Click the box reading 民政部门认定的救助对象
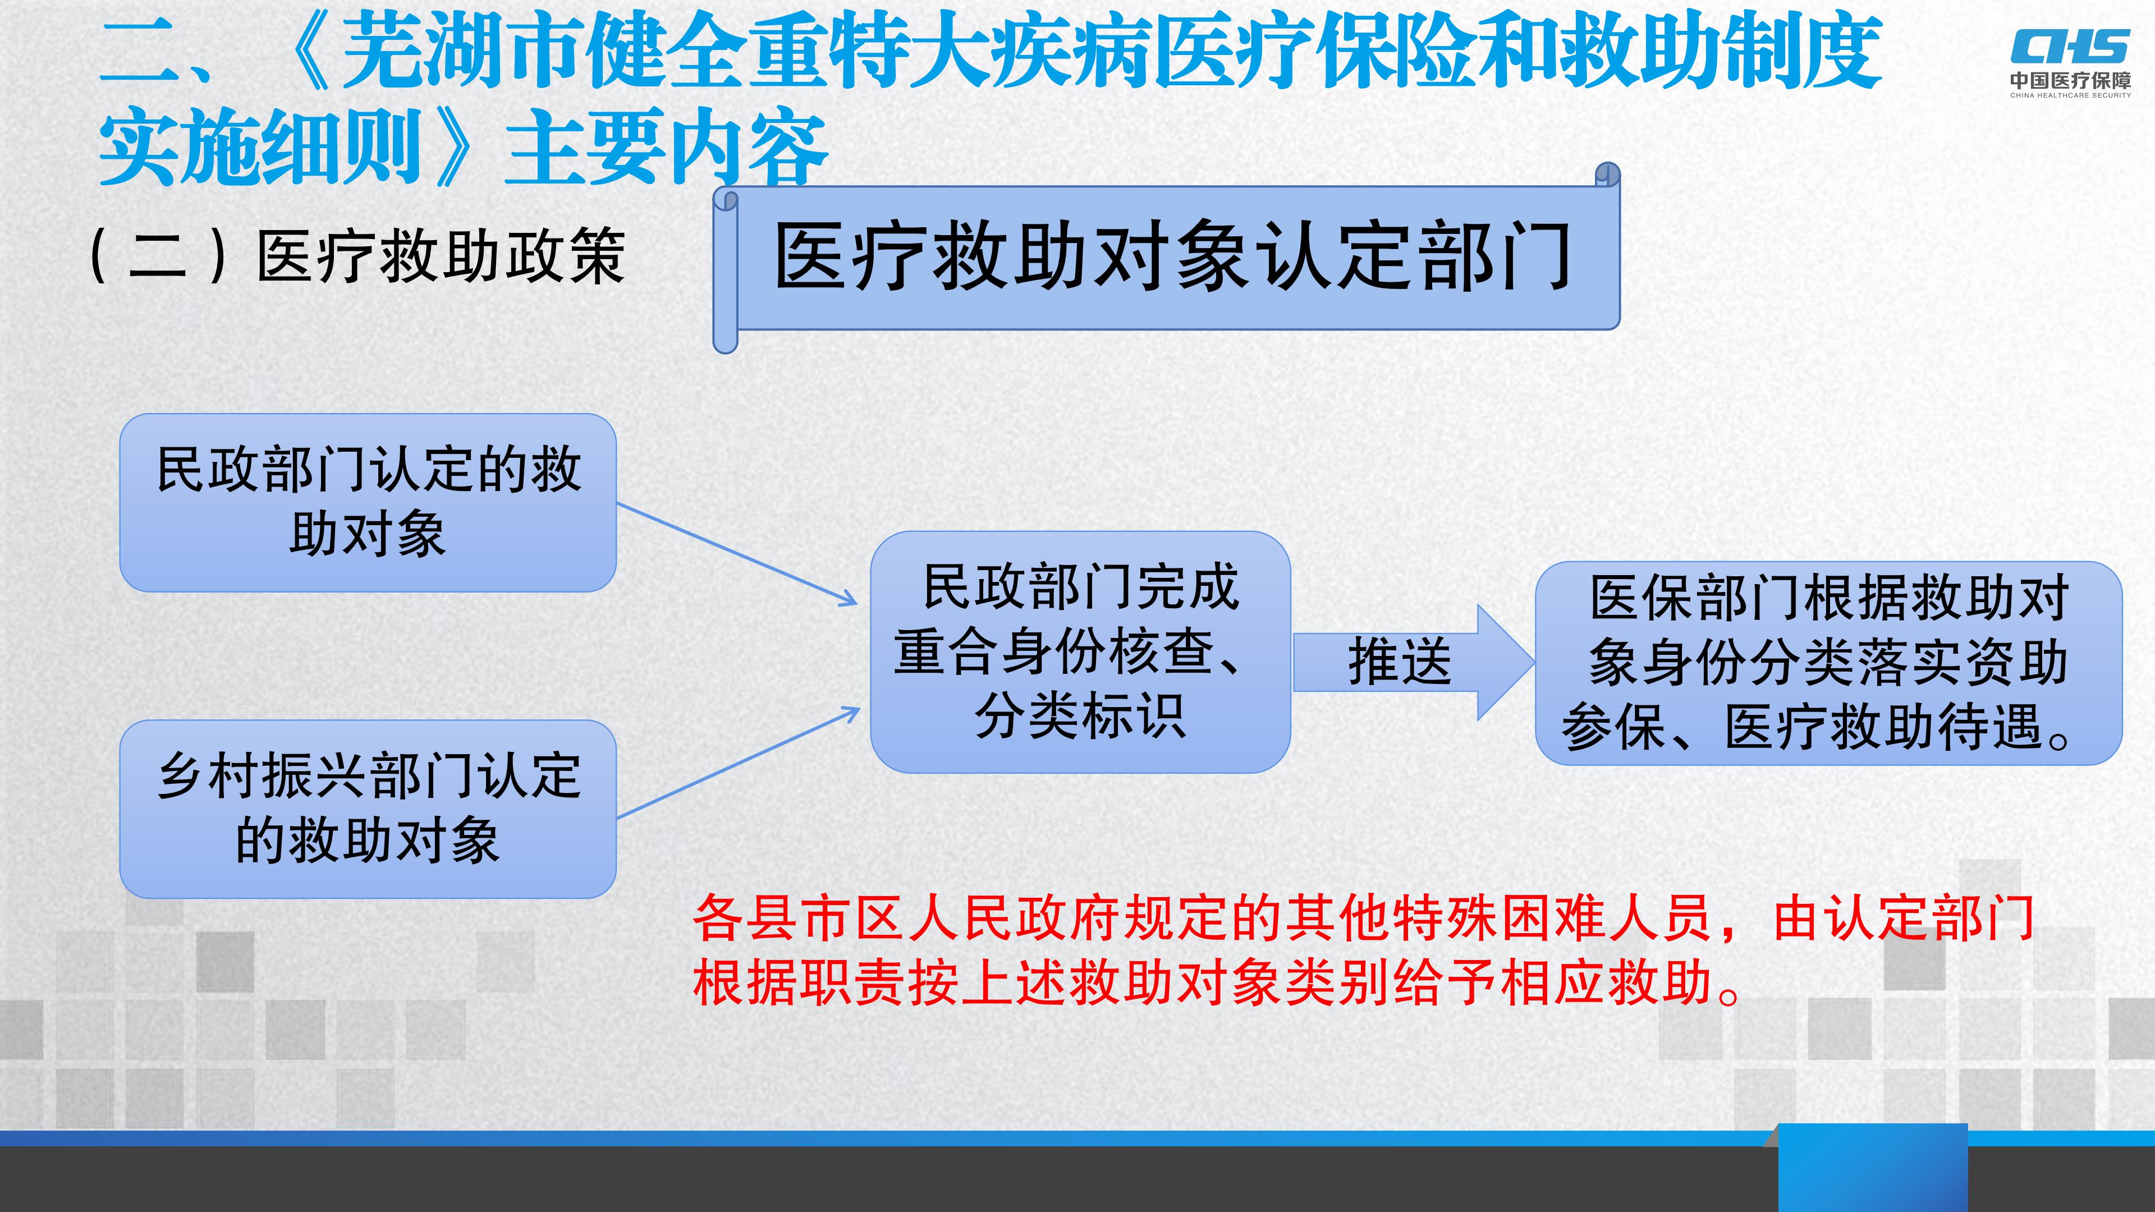pos(368,503)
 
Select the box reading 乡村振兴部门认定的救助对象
pos(368,809)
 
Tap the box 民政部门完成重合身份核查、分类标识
pos(1080,651)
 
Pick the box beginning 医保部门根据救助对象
pos(1829,663)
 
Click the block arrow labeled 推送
pos(1414,662)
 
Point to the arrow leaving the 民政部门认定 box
pos(737,554)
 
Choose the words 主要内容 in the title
pos(667,148)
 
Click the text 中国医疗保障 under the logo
pos(2070,81)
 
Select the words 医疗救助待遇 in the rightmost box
pos(1883,726)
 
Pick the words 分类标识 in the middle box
pos(1080,716)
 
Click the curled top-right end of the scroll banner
pos(1608,175)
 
